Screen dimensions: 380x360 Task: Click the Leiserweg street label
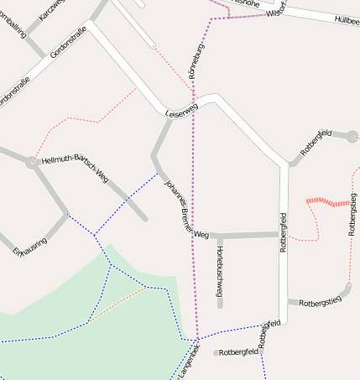click(180, 109)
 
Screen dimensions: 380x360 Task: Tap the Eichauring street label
click(30, 244)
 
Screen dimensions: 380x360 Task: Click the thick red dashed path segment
click(327, 201)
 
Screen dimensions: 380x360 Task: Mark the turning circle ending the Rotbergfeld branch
click(352, 135)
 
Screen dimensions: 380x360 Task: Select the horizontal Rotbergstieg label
click(316, 301)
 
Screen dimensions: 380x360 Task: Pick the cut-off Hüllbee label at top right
click(346, 19)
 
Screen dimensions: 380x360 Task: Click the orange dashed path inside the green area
click(115, 305)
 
